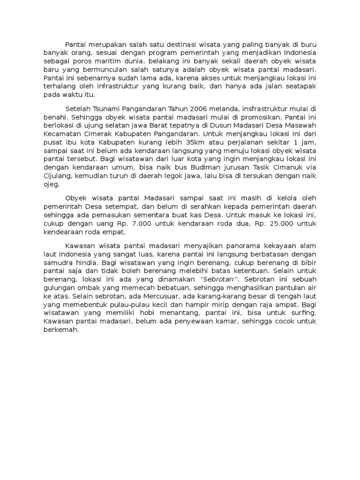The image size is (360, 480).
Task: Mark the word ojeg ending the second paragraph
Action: tap(52, 184)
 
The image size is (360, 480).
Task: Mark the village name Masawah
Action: tap(302, 126)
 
